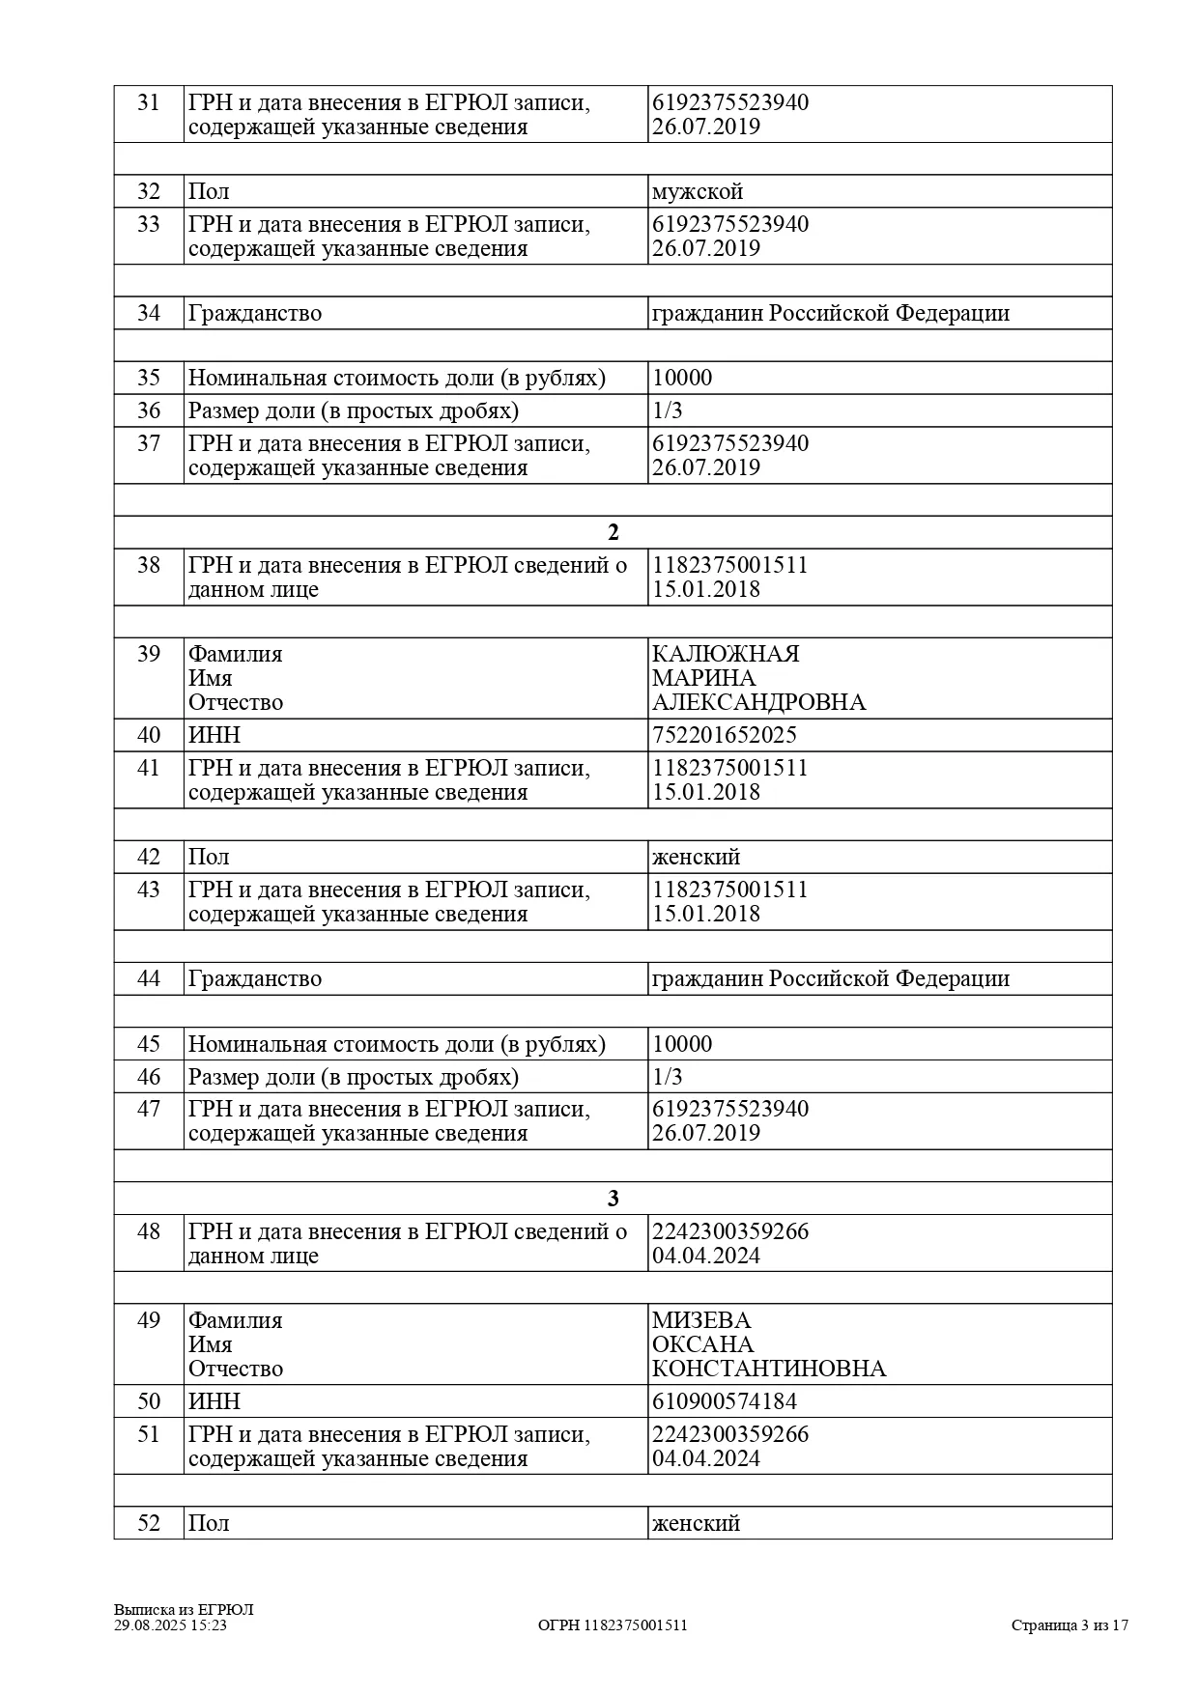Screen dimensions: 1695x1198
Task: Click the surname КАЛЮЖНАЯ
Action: pos(726,654)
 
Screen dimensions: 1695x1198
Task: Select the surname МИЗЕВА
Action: pos(701,1320)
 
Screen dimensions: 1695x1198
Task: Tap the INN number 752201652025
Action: pos(725,735)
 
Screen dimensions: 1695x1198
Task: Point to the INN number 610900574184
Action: pos(725,1401)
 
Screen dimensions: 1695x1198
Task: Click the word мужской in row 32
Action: pos(698,191)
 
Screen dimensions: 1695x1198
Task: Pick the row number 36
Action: pos(149,410)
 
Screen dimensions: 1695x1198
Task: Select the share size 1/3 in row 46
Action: pos(668,1077)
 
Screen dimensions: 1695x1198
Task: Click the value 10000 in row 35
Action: pos(682,378)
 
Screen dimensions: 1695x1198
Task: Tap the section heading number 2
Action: pos(613,533)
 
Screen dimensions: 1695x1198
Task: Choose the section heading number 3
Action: pos(613,1200)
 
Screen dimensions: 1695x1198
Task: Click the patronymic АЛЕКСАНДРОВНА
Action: pos(758,702)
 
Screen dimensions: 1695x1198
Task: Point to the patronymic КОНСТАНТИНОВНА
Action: pos(769,1369)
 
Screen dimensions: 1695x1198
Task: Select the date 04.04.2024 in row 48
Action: pos(706,1256)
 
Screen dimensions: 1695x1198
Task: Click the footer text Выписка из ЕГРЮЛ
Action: pos(184,1609)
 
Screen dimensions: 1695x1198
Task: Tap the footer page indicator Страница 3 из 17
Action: pos(1070,1624)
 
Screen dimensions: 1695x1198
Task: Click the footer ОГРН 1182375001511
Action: pos(613,1624)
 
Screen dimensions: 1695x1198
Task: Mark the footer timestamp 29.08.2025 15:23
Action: pos(170,1624)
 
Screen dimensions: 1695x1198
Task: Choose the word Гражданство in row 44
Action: pos(255,978)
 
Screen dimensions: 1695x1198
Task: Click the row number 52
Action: pos(149,1523)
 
